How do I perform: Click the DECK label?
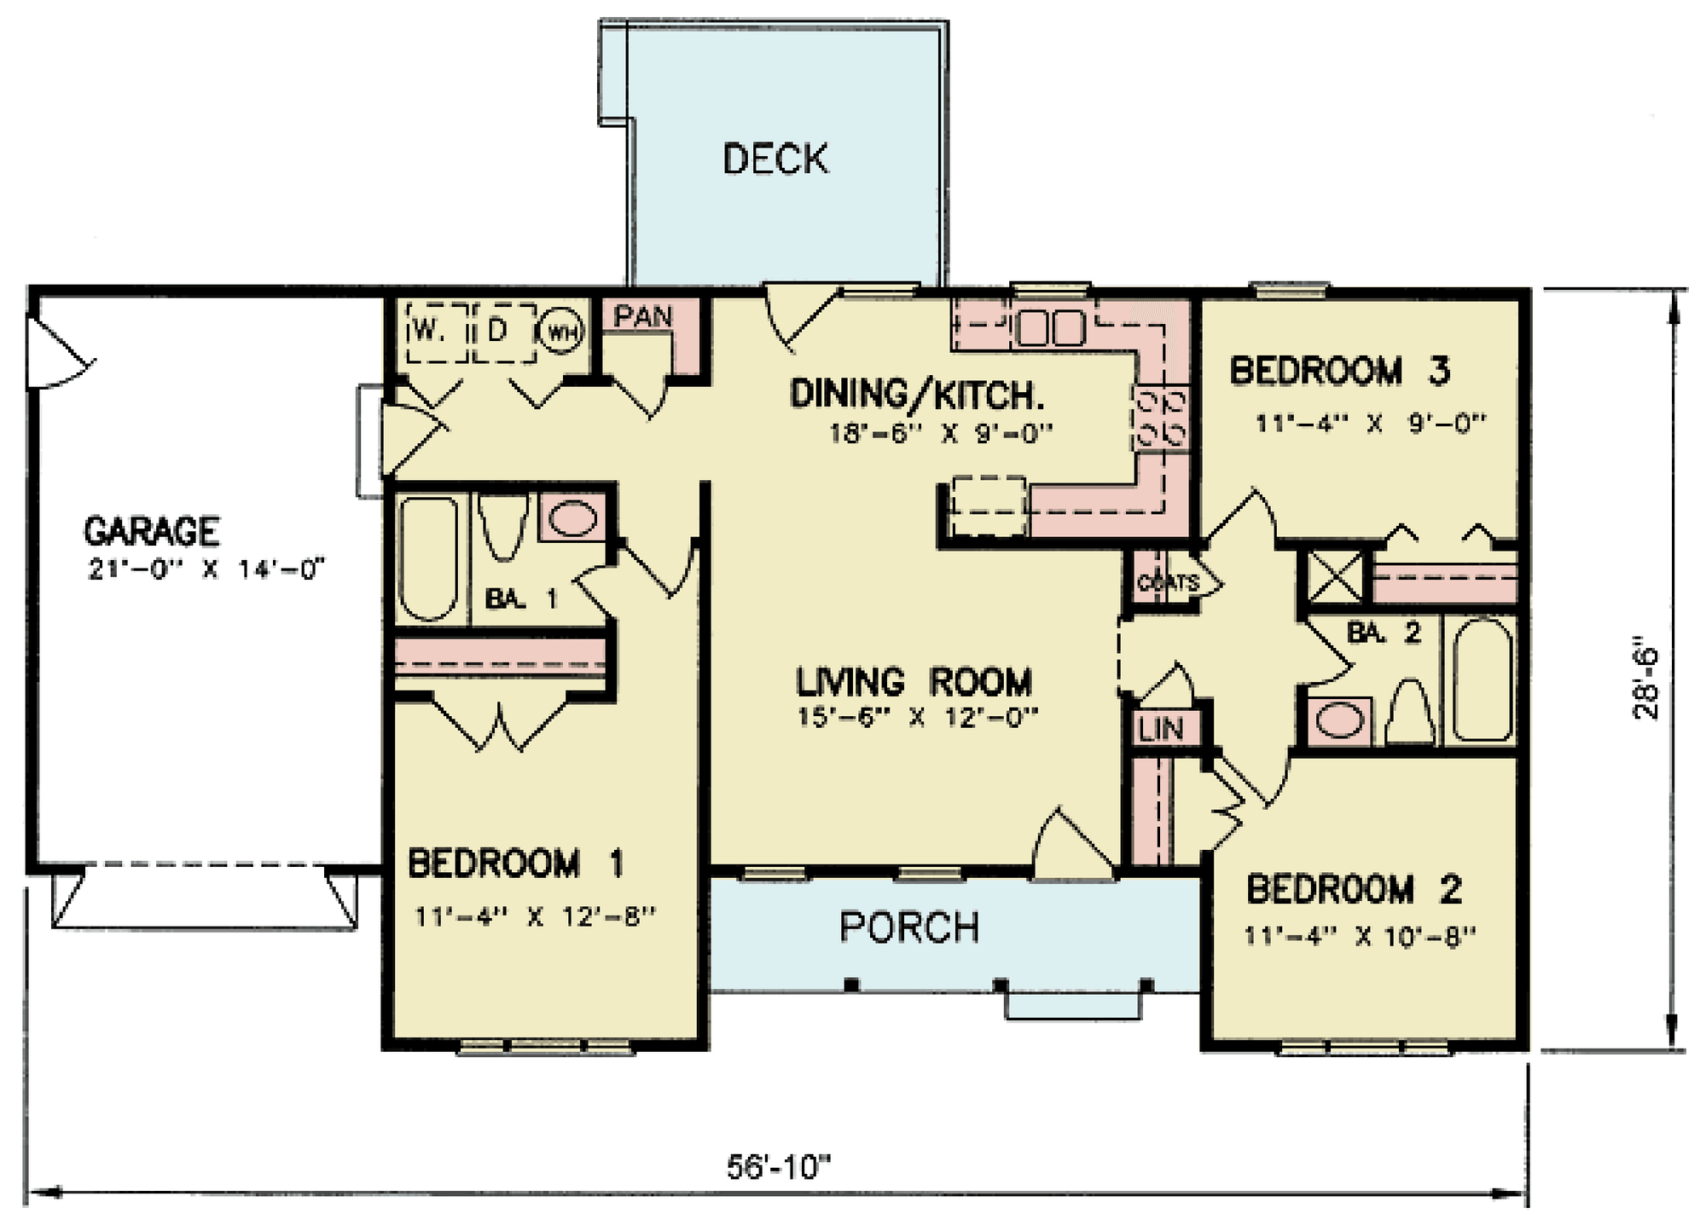pos(775,159)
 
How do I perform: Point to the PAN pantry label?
pos(644,317)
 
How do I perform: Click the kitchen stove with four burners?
pos(1160,418)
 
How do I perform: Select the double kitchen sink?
pos(1052,328)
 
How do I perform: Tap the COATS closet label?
pos(1166,583)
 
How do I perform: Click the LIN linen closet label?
pos(1161,729)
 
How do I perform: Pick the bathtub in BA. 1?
pos(428,558)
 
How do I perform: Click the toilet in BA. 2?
pos(1410,711)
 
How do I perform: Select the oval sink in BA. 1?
pos(572,518)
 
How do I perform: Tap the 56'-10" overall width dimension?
pos(778,1167)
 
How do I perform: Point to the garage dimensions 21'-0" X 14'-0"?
pos(206,569)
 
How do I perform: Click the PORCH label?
pos(908,927)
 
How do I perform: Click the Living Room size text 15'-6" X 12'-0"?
pos(916,718)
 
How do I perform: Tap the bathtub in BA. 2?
pos(1483,680)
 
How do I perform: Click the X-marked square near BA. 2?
pos(1335,578)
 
